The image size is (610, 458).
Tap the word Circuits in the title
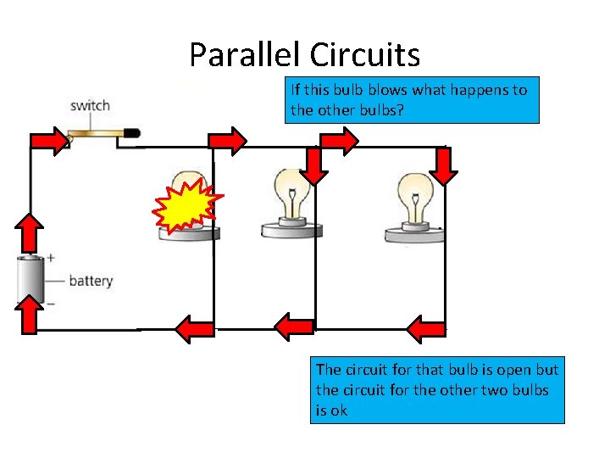364,55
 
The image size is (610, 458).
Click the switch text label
90,106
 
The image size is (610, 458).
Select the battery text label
90,281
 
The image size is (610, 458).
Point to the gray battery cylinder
31,280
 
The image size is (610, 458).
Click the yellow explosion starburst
187,206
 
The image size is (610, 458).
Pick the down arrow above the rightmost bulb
443,165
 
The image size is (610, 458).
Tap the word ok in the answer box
339,411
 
